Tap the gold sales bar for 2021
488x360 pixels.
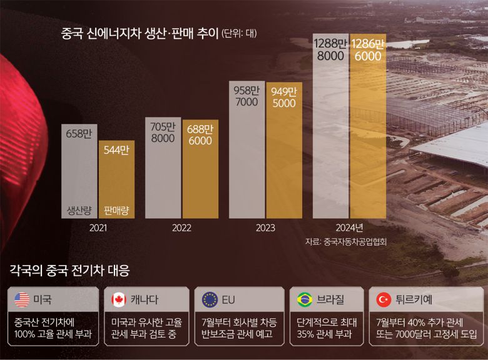pos(116,181)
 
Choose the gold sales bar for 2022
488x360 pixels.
pos(200,175)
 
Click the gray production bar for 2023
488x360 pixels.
pos(247,156)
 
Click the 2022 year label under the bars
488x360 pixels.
pos(181,228)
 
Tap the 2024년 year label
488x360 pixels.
pos(349,228)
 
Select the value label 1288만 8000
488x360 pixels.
pos(330,49)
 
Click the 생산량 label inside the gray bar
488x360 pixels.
pos(79,210)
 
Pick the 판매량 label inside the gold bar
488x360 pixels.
pos(116,210)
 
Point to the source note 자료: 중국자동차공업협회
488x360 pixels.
pos(345,241)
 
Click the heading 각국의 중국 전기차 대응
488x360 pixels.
pos(70,271)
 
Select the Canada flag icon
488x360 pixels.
pos(118,300)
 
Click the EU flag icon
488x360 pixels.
pos(210,300)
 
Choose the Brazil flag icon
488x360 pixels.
pos(305,300)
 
